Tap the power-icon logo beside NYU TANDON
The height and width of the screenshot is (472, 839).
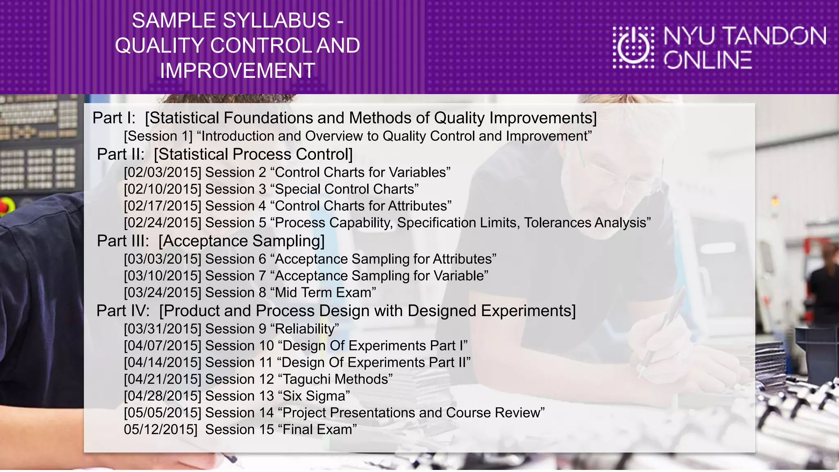click(633, 47)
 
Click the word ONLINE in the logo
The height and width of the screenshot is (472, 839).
click(708, 60)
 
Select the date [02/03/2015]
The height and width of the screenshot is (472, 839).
click(163, 172)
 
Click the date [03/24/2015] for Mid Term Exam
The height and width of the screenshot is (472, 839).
click(163, 293)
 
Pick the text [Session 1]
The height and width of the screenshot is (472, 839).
click(158, 136)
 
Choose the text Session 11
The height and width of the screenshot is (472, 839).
click(239, 362)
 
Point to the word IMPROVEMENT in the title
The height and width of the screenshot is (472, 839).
click(238, 70)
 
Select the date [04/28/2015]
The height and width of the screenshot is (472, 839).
click(163, 396)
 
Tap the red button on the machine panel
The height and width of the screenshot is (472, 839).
click(3, 206)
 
